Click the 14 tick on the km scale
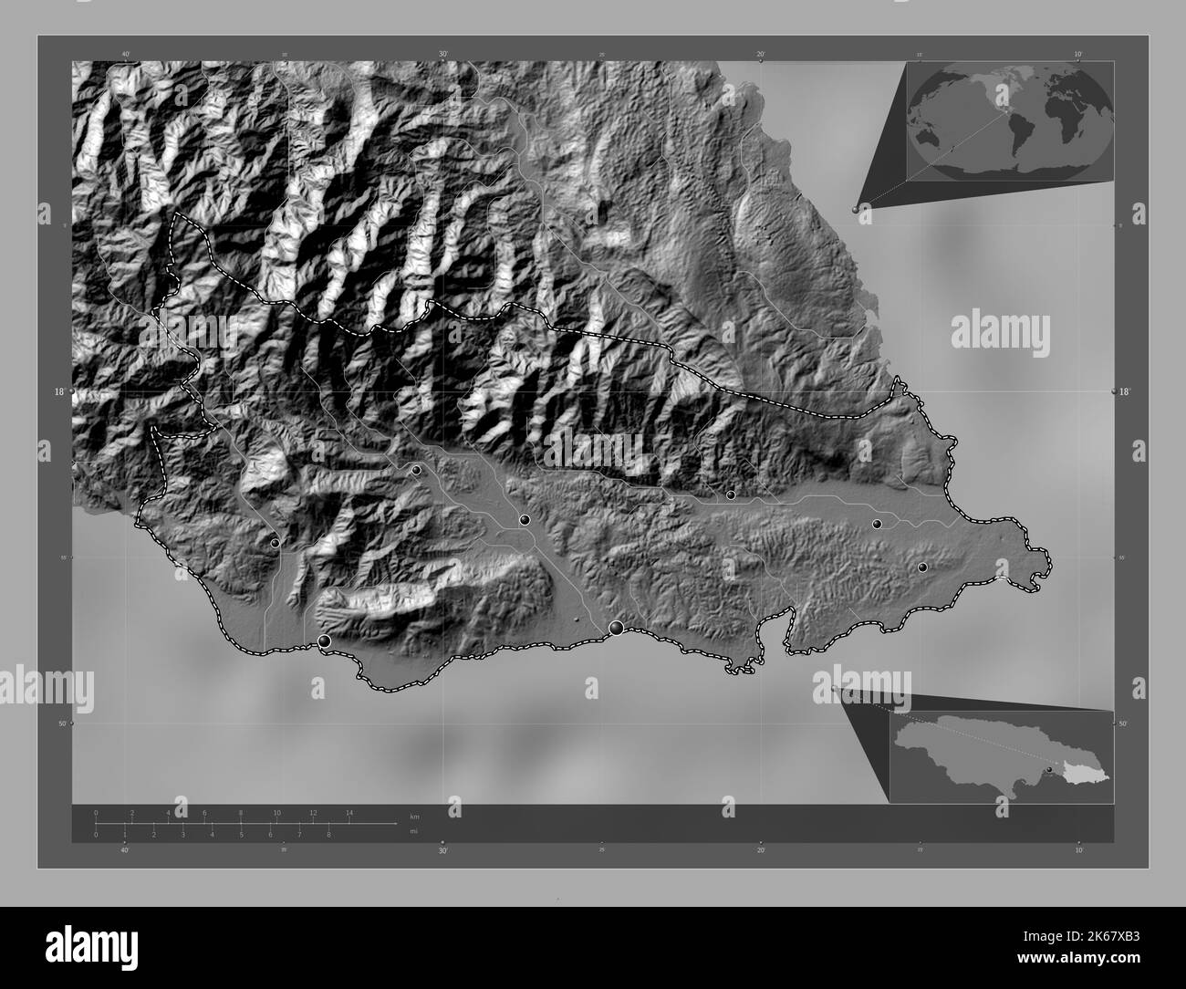coord(349,813)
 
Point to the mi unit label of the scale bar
coord(414,832)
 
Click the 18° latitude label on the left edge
coord(59,391)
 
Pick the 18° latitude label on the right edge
coord(1125,391)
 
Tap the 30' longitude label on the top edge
coord(443,54)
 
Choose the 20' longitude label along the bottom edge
coord(760,849)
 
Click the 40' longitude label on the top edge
coord(125,54)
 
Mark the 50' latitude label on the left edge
coord(62,724)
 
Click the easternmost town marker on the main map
coord(922,567)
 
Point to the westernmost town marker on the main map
coord(276,543)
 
